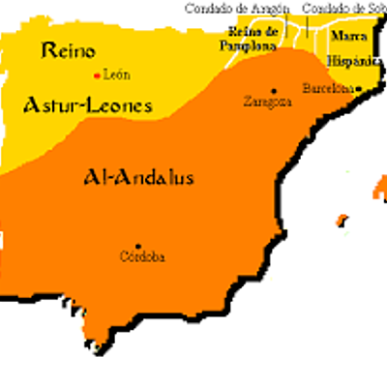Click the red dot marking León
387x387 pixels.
(x=96, y=74)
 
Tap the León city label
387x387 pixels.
(x=115, y=74)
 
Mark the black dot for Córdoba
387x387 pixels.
(x=138, y=246)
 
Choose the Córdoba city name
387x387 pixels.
(x=140, y=257)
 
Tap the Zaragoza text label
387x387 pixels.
(x=268, y=101)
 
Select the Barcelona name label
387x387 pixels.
(x=329, y=87)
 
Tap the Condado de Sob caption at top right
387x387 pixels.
(x=343, y=8)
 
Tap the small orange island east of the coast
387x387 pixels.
(x=340, y=221)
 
